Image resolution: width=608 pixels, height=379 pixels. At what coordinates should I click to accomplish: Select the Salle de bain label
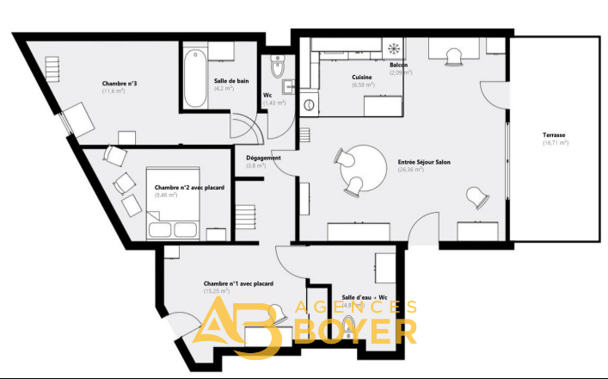(231, 81)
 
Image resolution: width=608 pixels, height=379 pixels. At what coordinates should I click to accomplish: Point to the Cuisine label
(362, 78)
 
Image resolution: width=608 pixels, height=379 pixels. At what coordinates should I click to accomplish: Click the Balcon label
(399, 65)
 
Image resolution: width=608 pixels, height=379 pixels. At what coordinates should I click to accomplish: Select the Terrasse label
(556, 136)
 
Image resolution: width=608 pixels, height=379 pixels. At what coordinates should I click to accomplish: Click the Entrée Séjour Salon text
(424, 162)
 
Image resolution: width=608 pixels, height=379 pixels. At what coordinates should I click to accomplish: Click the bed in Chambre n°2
(175, 204)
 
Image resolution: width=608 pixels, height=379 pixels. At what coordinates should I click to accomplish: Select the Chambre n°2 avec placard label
(183, 187)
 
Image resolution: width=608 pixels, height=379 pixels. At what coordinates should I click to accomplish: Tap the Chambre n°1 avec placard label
(238, 283)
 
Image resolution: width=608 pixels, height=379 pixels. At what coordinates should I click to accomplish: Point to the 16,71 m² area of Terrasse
(556, 144)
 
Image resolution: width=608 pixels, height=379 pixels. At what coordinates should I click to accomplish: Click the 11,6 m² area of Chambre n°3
(114, 90)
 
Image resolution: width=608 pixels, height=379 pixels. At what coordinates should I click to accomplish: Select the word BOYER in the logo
(356, 331)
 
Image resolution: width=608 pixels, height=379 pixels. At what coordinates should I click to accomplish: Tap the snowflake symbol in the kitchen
(395, 48)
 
